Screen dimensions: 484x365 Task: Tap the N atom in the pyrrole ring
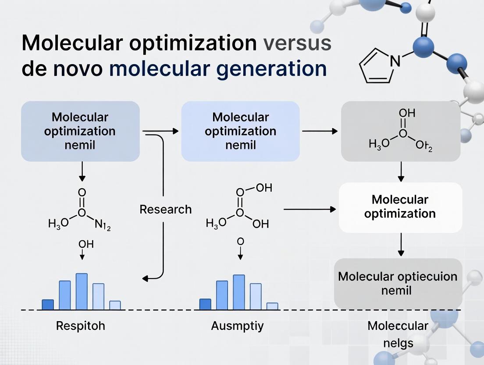pyautogui.click(x=395, y=61)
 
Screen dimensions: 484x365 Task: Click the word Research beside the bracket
pyautogui.click(x=165, y=209)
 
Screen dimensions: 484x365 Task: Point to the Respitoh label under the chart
pyautogui.click(x=81, y=326)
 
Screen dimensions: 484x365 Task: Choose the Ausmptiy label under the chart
pyautogui.click(x=237, y=326)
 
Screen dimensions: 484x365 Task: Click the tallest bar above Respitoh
pyautogui.click(x=82, y=292)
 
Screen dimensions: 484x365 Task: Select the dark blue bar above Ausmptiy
pyautogui.click(x=205, y=304)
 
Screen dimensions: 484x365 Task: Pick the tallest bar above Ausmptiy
pyautogui.click(x=238, y=292)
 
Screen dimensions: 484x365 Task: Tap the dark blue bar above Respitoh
pyautogui.click(x=48, y=304)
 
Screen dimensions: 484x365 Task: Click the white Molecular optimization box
pyautogui.click(x=400, y=207)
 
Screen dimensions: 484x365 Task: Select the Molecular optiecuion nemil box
pyautogui.click(x=398, y=283)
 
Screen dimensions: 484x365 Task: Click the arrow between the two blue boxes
pyautogui.click(x=160, y=131)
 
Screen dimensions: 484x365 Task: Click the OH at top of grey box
pyautogui.click(x=407, y=113)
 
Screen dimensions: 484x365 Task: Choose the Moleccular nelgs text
pyautogui.click(x=398, y=334)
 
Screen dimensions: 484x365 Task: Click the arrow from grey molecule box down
pyautogui.click(x=401, y=172)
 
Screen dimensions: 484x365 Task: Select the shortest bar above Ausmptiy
pyautogui.click(x=272, y=306)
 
